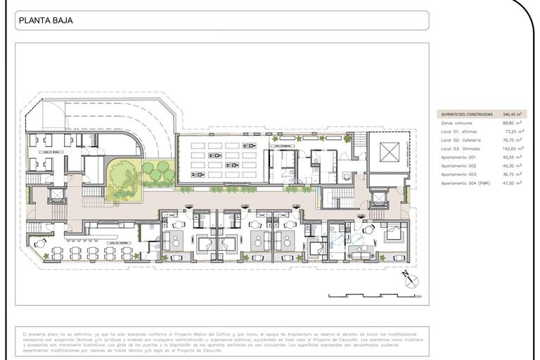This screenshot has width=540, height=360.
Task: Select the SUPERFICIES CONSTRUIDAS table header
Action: [x=466, y=114]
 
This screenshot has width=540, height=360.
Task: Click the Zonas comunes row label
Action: [x=456, y=123]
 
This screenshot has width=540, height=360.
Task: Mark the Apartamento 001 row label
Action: [x=458, y=157]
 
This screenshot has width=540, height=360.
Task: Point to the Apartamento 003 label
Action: [x=458, y=174]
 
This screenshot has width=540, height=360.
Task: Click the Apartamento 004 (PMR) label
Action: [x=464, y=183]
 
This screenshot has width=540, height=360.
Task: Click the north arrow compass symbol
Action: [x=409, y=280]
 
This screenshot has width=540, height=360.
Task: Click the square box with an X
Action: [x=389, y=152]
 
